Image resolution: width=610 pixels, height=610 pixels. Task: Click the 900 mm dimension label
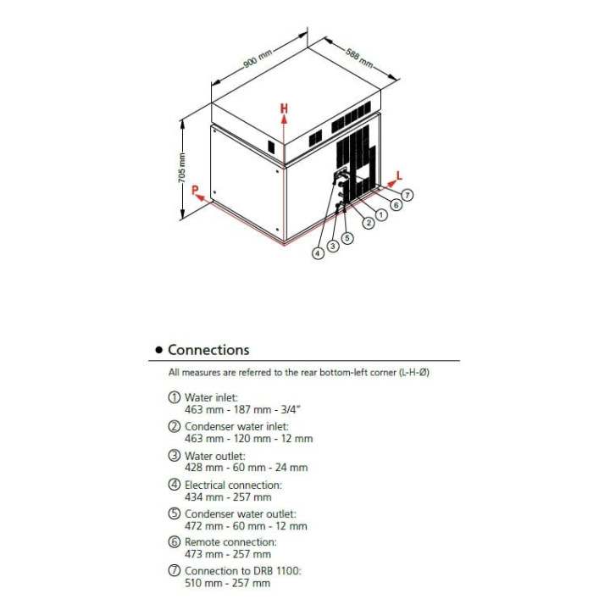tap(259, 58)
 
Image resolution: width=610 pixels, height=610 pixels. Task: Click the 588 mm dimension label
tap(359, 58)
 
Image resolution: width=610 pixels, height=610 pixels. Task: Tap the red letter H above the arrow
tap(285, 108)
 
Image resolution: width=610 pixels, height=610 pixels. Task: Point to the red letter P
tap(195, 190)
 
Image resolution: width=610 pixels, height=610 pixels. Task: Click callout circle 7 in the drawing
tap(408, 195)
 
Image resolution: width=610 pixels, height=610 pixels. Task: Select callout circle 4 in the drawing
tap(319, 252)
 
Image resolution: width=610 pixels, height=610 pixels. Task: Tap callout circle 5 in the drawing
tap(347, 238)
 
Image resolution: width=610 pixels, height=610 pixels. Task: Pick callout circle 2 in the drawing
tap(369, 223)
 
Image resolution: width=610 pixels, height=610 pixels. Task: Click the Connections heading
tap(208, 350)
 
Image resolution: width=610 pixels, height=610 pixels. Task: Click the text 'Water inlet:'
tap(212, 397)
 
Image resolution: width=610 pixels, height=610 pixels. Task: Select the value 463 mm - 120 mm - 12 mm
tap(248, 439)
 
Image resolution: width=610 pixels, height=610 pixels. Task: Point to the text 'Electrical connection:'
tap(233, 485)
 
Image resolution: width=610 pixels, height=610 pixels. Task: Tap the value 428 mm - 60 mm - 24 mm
tap(247, 468)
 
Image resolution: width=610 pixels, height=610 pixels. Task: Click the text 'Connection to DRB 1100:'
tap(242, 571)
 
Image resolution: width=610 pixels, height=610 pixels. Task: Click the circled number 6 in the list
tap(175, 542)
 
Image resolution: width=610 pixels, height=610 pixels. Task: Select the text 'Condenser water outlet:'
tap(240, 513)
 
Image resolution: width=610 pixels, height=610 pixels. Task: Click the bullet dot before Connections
tap(158, 351)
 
